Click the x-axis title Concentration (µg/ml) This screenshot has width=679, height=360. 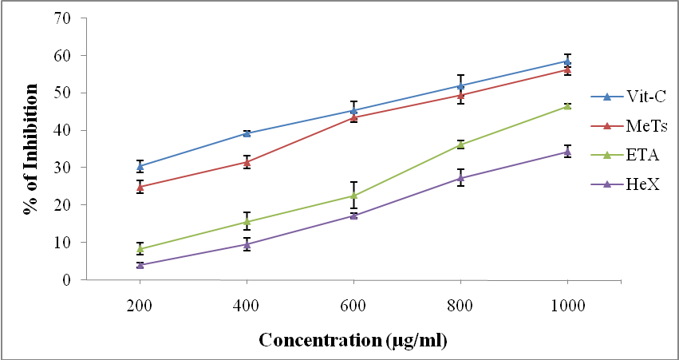coord(352,341)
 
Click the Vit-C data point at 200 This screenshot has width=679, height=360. coord(140,167)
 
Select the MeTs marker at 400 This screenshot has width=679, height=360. coord(247,162)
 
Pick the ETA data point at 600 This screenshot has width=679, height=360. coord(353,196)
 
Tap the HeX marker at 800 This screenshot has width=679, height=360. coord(460,178)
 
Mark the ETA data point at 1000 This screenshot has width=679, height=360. coord(567,105)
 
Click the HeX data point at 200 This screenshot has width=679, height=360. coord(140,265)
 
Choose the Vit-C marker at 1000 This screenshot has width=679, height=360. coord(567,61)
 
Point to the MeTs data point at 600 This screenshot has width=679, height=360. coord(353,117)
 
